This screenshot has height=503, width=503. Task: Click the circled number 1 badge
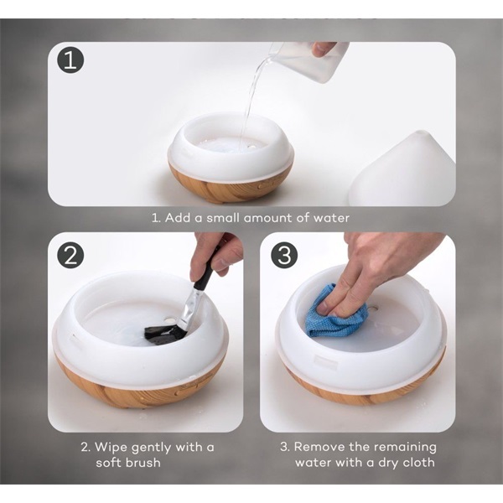click(x=70, y=60)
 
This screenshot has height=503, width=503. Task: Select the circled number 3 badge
click(x=284, y=256)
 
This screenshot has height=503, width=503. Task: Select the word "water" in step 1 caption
click(x=331, y=218)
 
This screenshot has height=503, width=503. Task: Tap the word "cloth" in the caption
click(x=418, y=463)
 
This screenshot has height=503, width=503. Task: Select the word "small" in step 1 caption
click(x=223, y=218)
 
